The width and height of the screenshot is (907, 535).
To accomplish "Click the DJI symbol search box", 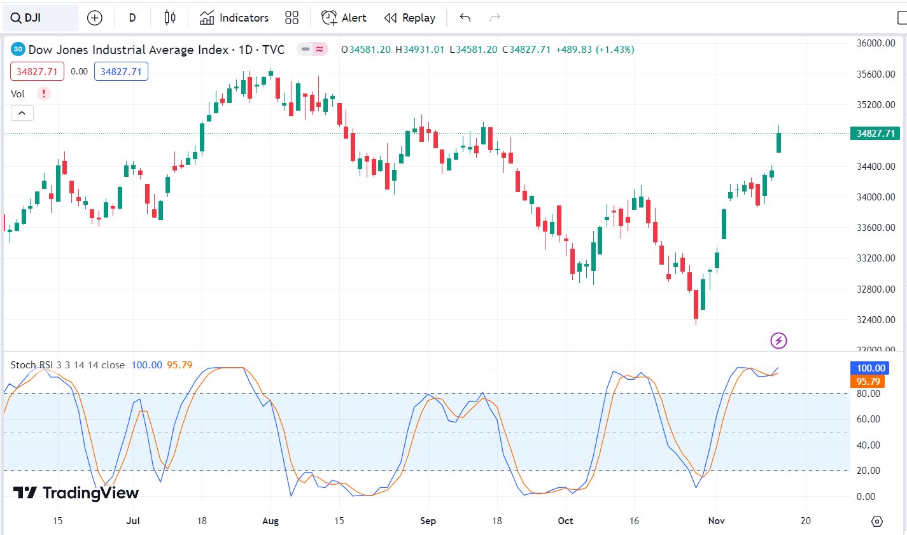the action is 41,18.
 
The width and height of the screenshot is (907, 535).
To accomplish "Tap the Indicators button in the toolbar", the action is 234,18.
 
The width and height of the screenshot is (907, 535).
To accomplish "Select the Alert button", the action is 343,18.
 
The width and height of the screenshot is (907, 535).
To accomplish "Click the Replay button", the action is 409,18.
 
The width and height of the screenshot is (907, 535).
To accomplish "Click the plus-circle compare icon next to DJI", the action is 95,18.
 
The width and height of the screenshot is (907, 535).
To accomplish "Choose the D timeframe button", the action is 132,18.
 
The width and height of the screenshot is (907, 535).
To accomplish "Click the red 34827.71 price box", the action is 37,72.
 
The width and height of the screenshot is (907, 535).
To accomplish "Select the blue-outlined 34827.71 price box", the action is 121,72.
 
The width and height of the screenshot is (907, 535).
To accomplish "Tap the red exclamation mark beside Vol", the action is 44,94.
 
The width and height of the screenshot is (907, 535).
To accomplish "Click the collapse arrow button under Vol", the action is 22,113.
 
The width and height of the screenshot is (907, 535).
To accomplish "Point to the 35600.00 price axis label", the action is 876,74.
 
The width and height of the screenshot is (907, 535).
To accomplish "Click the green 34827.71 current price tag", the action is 875,133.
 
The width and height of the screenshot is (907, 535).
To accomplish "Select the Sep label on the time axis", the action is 428,521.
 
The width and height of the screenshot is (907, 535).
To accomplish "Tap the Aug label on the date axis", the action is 271,521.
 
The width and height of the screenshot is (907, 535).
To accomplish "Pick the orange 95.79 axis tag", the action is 868,381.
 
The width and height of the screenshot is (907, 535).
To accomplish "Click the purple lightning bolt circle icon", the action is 778,341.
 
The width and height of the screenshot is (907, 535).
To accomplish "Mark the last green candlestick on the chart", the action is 778,139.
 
